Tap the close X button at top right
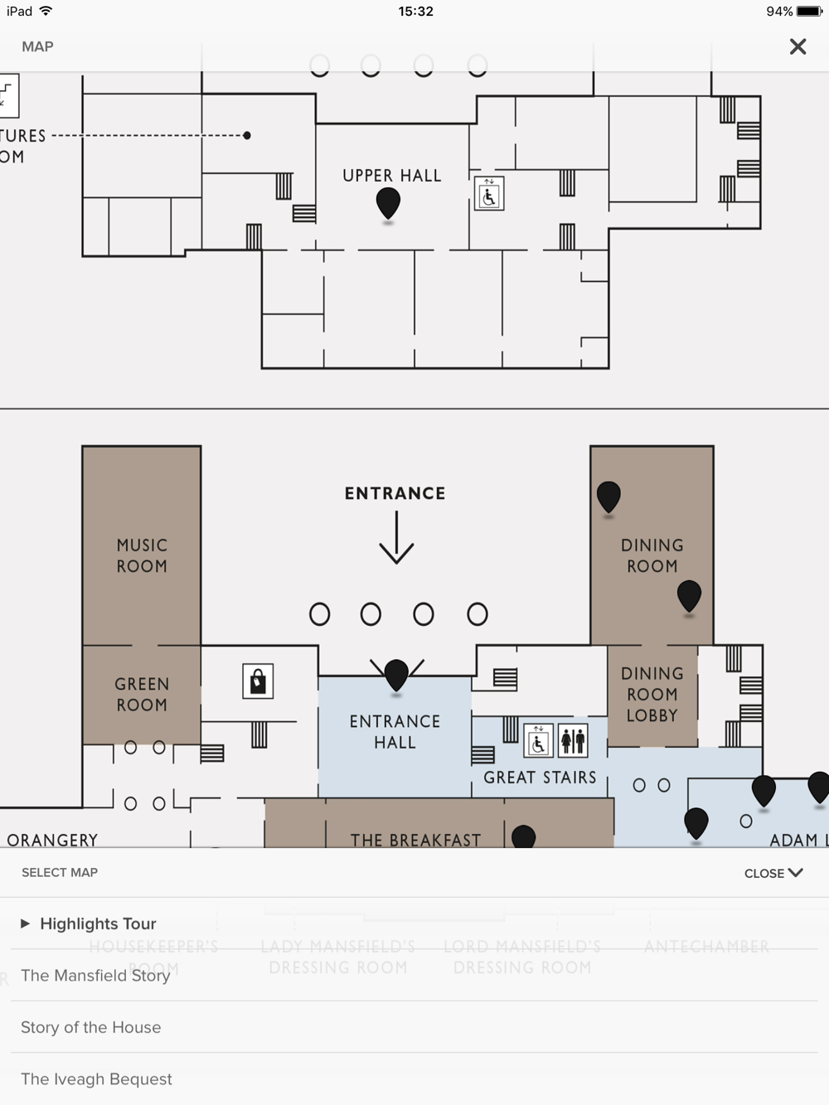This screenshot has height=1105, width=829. click(x=797, y=46)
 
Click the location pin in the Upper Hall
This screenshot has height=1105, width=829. click(x=388, y=202)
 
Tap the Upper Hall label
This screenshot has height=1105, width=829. click(x=392, y=176)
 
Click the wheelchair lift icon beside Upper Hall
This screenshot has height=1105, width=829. click(x=488, y=194)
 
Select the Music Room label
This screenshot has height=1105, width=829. click(x=142, y=555)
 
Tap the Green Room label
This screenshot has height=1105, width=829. click(x=142, y=695)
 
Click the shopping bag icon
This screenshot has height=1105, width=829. click(x=258, y=681)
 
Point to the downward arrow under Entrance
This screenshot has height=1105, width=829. click(x=396, y=538)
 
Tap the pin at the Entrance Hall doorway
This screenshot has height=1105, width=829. click(x=396, y=674)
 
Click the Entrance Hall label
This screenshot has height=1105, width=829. click(x=395, y=732)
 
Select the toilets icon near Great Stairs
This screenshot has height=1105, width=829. click(x=573, y=740)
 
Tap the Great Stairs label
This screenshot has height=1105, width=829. click(x=540, y=778)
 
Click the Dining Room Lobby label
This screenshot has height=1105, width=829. click(x=652, y=695)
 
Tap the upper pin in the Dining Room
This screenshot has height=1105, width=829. click(x=608, y=496)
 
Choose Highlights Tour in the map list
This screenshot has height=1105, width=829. click(x=98, y=923)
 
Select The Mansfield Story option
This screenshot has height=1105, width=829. click(x=95, y=976)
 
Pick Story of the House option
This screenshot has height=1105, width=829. click(x=91, y=1027)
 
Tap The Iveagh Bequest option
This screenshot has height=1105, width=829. click(x=96, y=1079)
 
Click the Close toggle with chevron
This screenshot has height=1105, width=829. click(x=773, y=873)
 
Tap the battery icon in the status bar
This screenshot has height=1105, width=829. click(x=809, y=12)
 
